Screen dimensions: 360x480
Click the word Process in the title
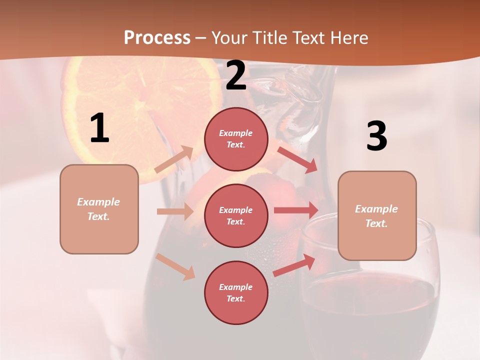coord(157,38)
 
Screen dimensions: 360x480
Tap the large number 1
coord(99,128)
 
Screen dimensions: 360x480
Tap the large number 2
coord(236,76)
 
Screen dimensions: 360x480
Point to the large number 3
coord(376,136)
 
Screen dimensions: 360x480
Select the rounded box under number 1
coord(99,209)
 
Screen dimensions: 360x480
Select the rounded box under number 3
coord(377,215)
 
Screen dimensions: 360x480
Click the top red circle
coord(236,139)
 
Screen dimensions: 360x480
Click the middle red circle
coord(236,215)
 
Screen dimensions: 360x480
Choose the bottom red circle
coord(236,292)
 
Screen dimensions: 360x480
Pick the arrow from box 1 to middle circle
coord(175,211)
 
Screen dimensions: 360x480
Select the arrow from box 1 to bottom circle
coord(175,266)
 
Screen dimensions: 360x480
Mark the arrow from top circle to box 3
coord(297,159)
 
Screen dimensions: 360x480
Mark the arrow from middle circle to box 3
coord(295,210)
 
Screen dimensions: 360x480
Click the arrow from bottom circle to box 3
coord(294,265)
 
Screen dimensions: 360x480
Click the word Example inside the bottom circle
coord(236,287)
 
